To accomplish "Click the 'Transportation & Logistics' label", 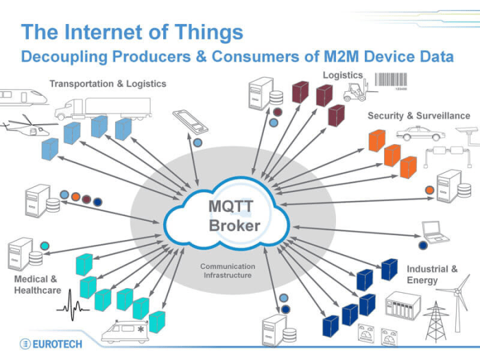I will pyautogui.click(x=108, y=84).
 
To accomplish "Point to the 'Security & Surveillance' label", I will pyautogui.click(x=418, y=116).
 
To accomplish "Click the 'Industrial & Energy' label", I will pyautogui.click(x=432, y=275).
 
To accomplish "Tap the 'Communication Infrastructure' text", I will pyautogui.click(x=228, y=271).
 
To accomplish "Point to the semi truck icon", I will pyautogui.click(x=103, y=106).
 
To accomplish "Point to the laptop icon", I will pyautogui.click(x=435, y=232).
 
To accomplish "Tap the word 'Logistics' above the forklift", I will pyautogui.click(x=343, y=75).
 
